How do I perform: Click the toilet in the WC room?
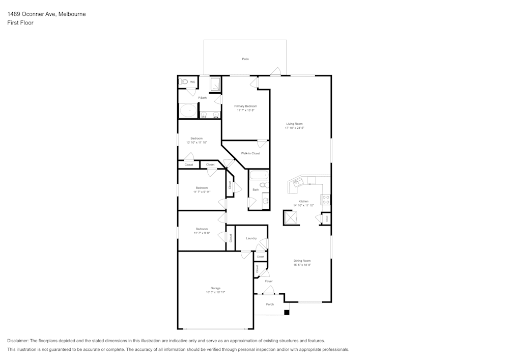184,81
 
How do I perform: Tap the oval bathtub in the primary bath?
188,110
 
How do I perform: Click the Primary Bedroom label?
245,106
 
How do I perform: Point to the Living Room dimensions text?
294,128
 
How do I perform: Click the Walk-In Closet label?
250,153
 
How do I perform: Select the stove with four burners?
325,199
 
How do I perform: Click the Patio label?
245,59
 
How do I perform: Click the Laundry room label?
251,238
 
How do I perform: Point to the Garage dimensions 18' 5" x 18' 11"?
215,292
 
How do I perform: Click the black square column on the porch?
287,312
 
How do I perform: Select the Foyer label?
269,281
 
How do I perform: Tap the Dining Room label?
302,261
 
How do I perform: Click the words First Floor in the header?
20,23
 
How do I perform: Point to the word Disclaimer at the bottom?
18,341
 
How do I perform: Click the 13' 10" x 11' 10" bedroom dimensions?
196,143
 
